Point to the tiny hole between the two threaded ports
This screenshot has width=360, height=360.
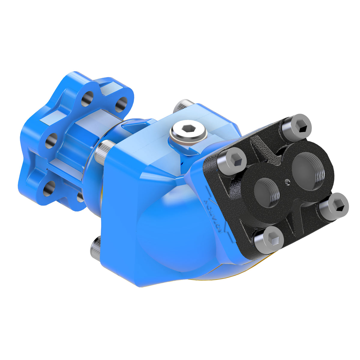(x=287, y=181)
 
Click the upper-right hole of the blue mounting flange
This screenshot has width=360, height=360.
(x=121, y=104)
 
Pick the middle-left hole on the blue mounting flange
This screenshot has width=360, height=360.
(x=52, y=140)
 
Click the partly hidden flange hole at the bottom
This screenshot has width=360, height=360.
(x=80, y=196)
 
